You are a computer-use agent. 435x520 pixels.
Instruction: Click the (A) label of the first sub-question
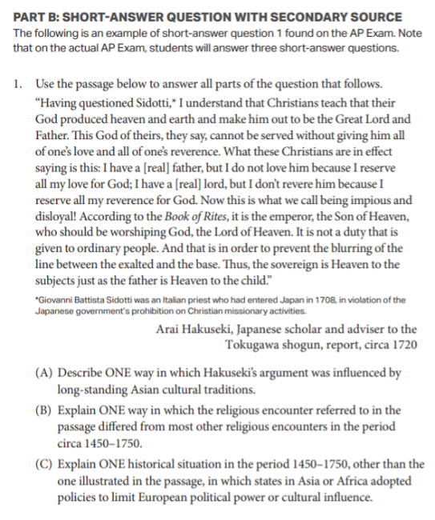[x=44, y=372]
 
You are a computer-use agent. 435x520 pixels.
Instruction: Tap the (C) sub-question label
[x=44, y=464]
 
